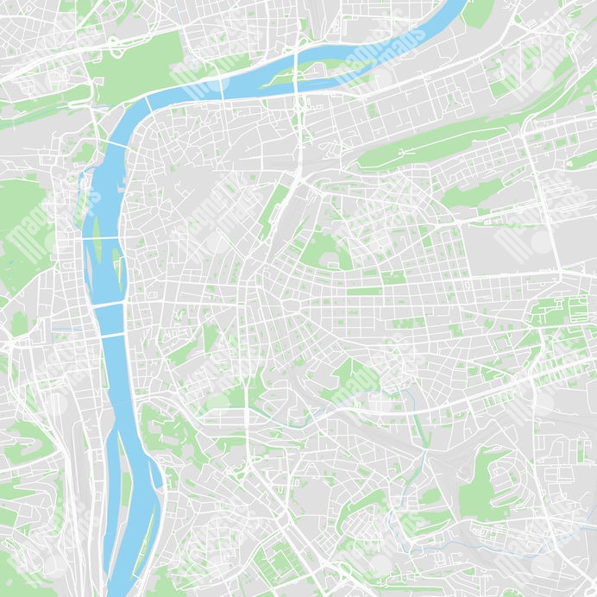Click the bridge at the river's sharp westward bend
click(148, 104)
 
